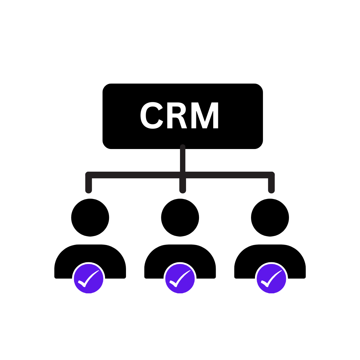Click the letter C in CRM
tap(152, 115)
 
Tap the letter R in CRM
tap(177, 115)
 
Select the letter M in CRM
tap(205, 115)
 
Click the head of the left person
tap(90, 217)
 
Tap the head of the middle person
tap(180, 217)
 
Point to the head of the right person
tap(270, 217)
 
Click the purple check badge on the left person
tap(89, 278)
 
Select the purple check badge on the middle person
tap(180, 278)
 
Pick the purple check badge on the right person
tap(271, 278)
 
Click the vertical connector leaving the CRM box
tap(183, 158)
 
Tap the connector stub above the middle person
tap(183, 186)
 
